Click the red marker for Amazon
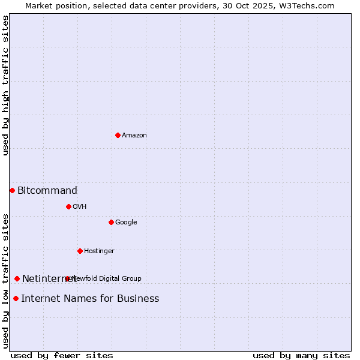coord(118,135)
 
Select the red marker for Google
coord(111,222)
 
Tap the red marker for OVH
coord(68,206)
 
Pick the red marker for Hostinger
coord(80,251)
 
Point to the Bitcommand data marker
coord(12,190)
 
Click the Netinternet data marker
coord(17,278)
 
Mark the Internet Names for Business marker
coord(16,298)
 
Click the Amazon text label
coord(134,136)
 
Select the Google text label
coord(126,223)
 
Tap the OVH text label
coord(80,207)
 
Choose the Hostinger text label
coord(99,251)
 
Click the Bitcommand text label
coord(47,191)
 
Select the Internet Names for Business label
coord(90,299)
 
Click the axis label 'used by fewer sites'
coord(62,355)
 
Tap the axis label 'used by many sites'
coord(301,355)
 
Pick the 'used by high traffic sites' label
coord(5,85)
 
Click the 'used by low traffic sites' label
coord(5,281)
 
